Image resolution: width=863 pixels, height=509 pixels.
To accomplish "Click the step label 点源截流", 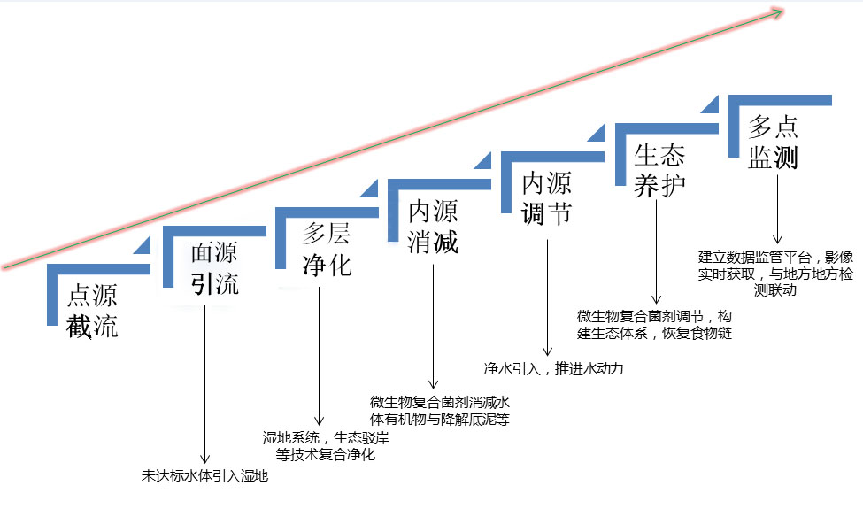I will (92, 311).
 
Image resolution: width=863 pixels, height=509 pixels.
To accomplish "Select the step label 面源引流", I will (214, 268).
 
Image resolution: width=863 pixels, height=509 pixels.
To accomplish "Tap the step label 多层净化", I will (327, 250).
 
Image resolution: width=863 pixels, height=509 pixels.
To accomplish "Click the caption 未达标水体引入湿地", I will (204, 475).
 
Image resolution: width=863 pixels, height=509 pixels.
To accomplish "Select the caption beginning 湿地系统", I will (326, 446).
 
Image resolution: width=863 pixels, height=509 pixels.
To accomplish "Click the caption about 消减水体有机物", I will (440, 410).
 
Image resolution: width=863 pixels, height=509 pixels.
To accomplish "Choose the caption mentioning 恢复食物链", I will (654, 325).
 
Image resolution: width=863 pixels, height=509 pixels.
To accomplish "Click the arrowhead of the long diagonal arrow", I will (778, 12).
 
